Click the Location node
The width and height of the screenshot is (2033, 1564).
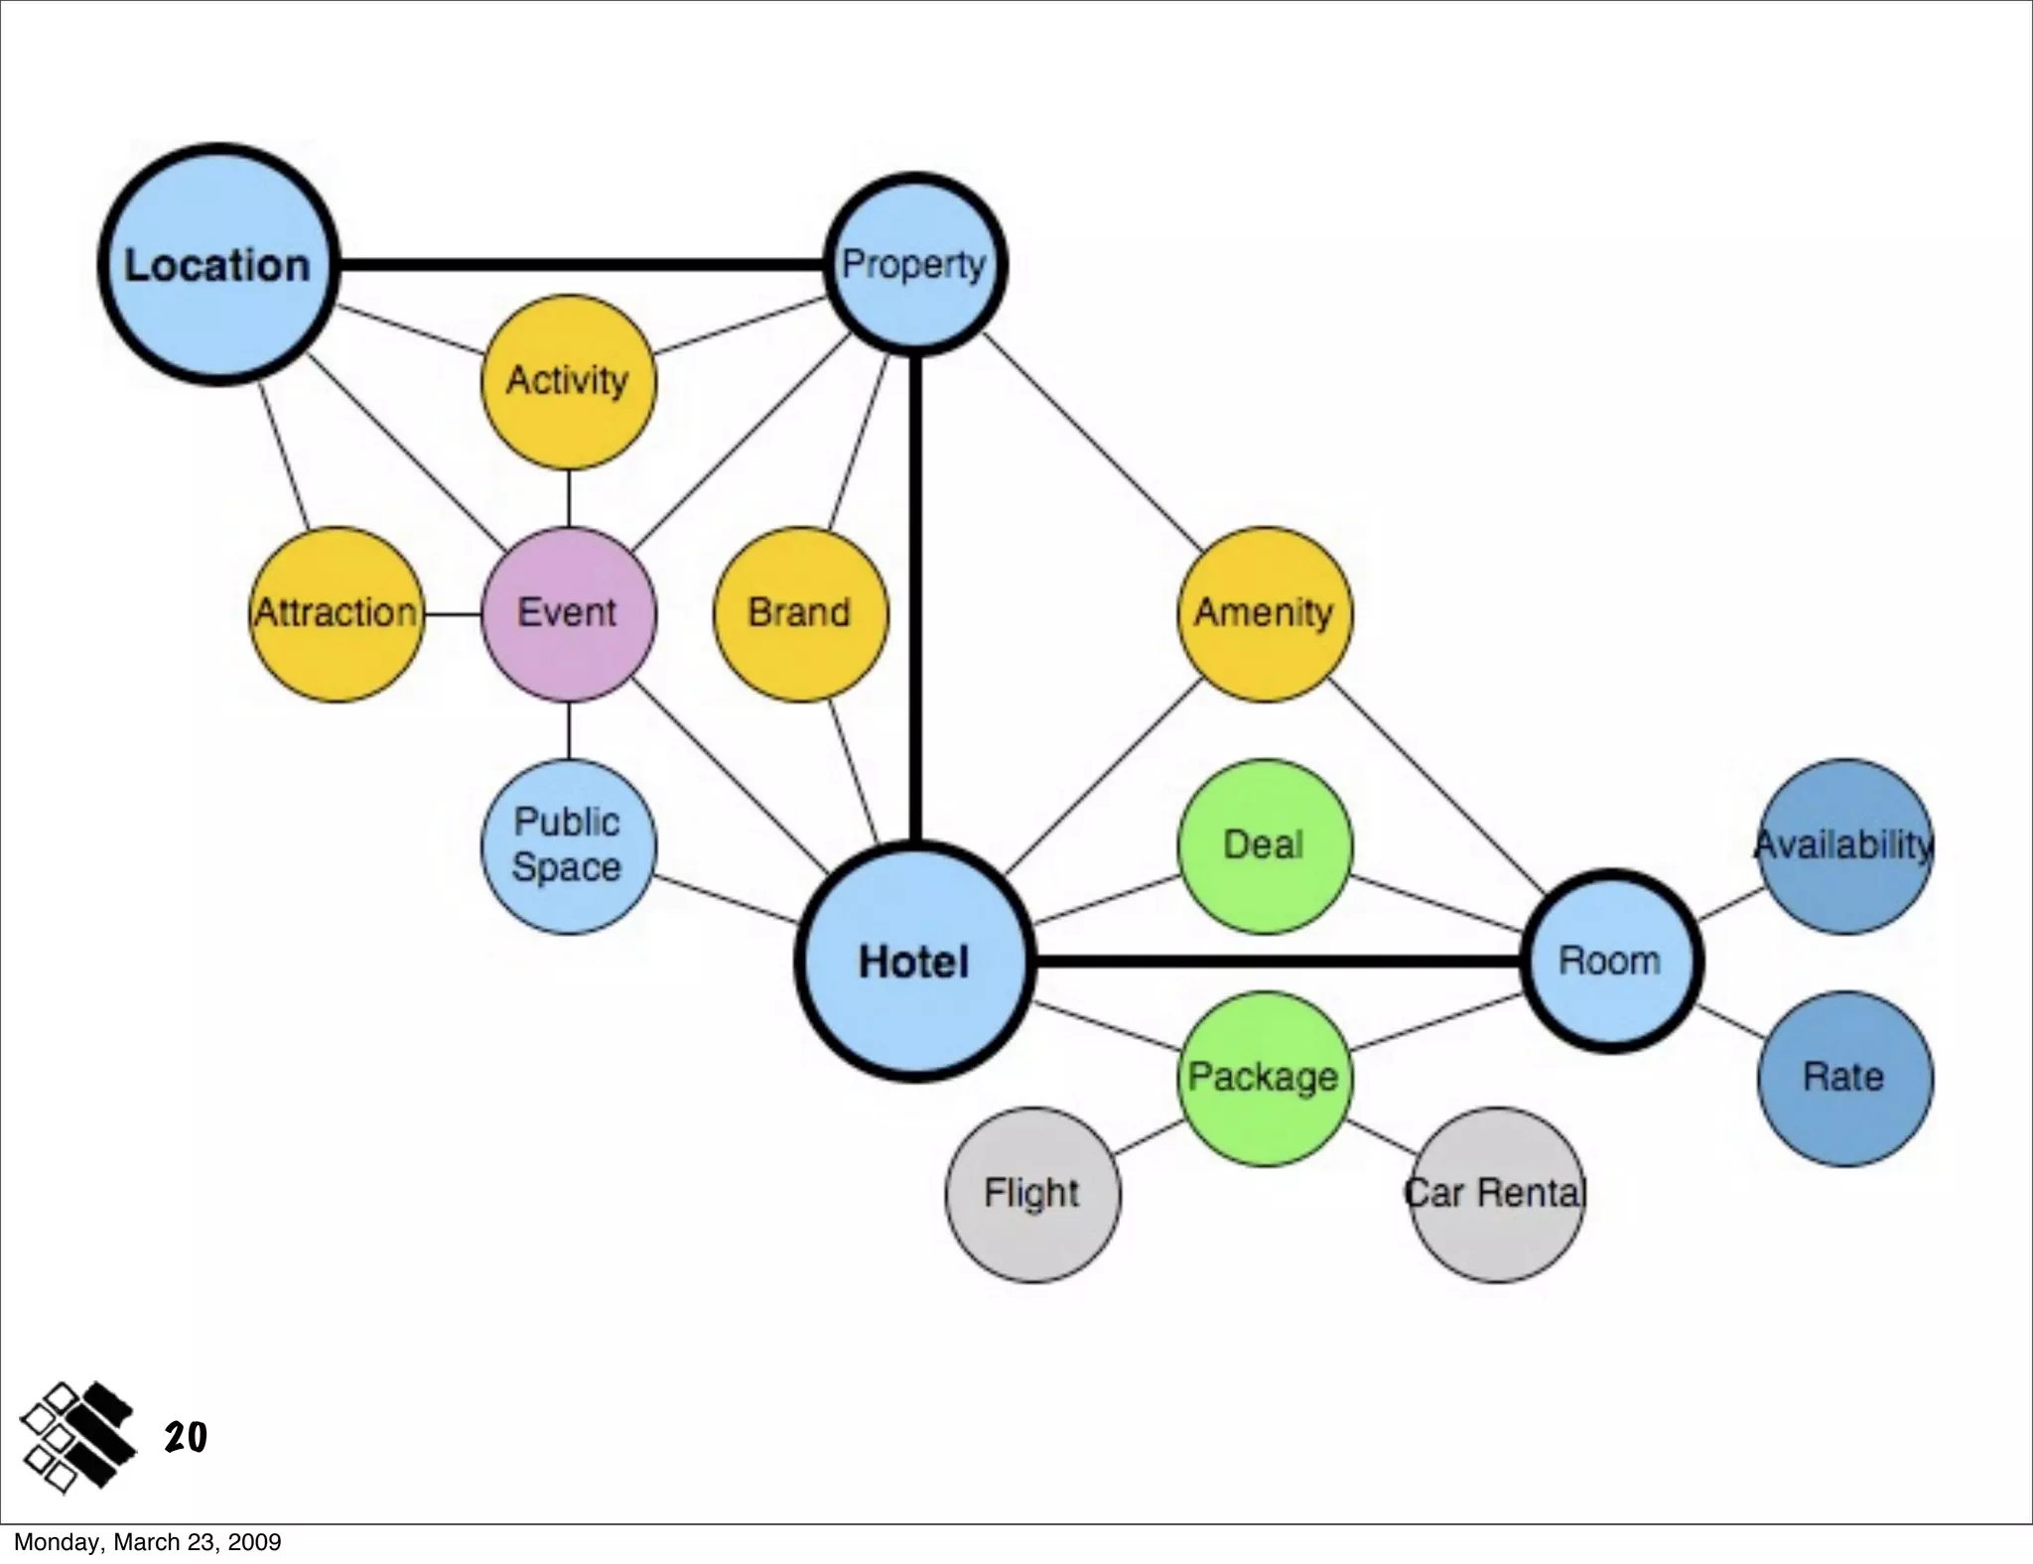(218, 264)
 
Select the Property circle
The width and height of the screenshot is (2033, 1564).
(915, 264)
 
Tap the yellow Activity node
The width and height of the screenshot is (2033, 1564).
(568, 381)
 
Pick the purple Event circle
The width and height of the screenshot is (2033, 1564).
(568, 613)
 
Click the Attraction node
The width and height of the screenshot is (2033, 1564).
(337, 613)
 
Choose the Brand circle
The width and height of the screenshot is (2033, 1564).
(800, 613)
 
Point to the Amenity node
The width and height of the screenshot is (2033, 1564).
(1264, 613)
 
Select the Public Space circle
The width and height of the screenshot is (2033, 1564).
(568, 846)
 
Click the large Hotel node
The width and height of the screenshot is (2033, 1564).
(914, 962)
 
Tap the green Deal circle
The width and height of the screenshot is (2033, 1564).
(1264, 846)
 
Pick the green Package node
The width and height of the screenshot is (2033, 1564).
(1264, 1078)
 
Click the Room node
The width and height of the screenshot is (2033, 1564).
(1611, 961)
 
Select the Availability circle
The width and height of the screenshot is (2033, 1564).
(1844, 846)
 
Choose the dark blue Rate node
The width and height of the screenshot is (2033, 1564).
(1844, 1078)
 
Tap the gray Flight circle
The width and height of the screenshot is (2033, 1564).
(1032, 1194)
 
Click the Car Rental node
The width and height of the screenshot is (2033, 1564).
(1496, 1194)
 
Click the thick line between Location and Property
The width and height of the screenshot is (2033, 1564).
(581, 265)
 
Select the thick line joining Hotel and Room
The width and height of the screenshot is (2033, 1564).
(1276, 961)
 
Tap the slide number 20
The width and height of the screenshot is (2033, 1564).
(186, 1437)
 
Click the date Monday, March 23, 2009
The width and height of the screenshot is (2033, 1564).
(147, 1542)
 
